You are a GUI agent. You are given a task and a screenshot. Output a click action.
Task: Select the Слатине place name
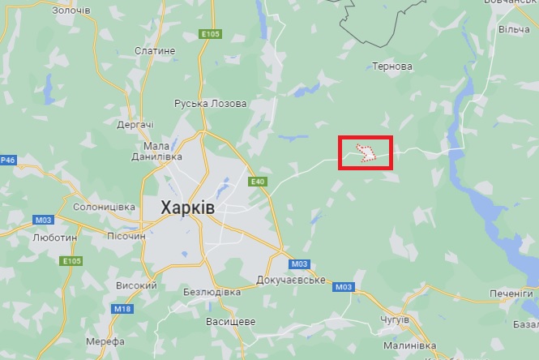pyautogui.click(x=155, y=50)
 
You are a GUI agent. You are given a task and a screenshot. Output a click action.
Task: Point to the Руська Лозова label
pyautogui.click(x=211, y=104)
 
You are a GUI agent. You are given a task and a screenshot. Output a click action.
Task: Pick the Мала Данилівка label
pyautogui.click(x=150, y=151)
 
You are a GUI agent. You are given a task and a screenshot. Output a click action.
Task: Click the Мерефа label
pyautogui.click(x=105, y=341)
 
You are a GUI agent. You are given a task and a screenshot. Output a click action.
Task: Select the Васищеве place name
pyautogui.click(x=230, y=321)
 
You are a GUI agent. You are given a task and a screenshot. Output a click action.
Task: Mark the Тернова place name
pyautogui.click(x=391, y=66)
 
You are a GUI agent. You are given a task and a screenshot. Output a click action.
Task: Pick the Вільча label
pyautogui.click(x=514, y=29)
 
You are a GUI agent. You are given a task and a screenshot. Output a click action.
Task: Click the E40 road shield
pyautogui.click(x=258, y=182)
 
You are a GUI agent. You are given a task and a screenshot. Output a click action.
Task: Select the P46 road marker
pyautogui.click(x=8, y=160)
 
